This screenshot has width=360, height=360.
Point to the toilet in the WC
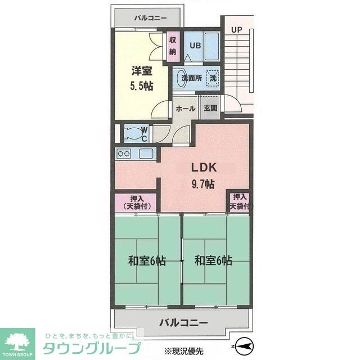(133, 133)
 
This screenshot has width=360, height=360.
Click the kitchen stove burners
(124, 153)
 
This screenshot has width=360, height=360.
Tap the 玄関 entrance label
(210, 108)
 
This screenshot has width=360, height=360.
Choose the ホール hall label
(185, 108)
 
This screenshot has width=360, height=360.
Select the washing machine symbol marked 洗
(213, 79)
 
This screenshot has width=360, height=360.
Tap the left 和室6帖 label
(146, 261)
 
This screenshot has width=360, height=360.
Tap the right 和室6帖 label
(213, 261)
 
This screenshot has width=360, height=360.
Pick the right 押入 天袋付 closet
(239, 202)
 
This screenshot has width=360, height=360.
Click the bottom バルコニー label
(183, 323)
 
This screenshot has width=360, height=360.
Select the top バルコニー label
(150, 18)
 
